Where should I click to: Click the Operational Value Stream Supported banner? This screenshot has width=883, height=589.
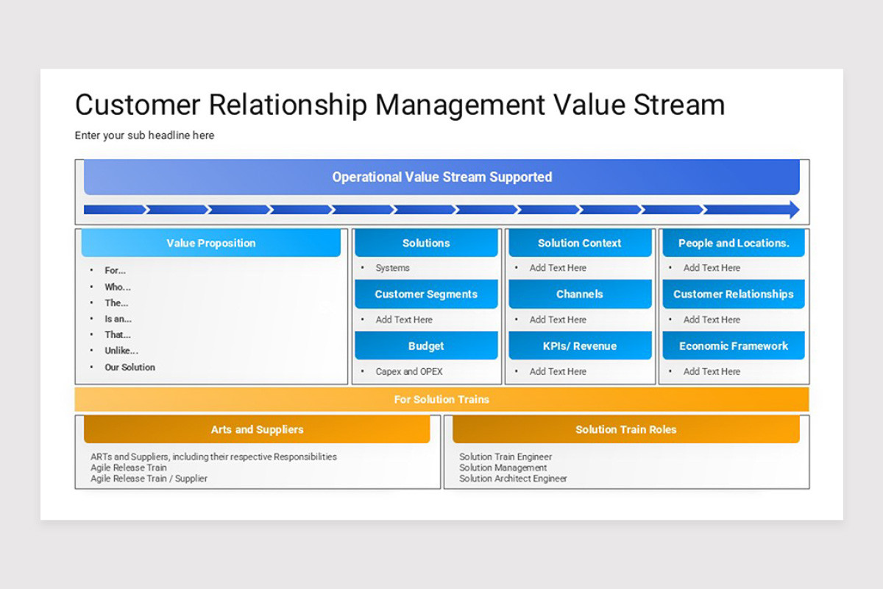pyautogui.click(x=441, y=177)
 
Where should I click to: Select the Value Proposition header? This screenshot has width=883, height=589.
pyautogui.click(x=211, y=243)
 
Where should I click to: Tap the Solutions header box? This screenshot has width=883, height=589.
pyautogui.click(x=426, y=243)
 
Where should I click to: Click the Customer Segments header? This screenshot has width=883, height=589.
pyautogui.click(x=426, y=294)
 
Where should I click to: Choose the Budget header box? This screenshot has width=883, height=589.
pyautogui.click(x=426, y=346)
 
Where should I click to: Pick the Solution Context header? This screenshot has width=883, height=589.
pyautogui.click(x=580, y=243)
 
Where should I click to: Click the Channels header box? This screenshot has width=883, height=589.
pyautogui.click(x=580, y=294)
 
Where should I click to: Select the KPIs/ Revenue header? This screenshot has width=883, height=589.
pyautogui.click(x=580, y=346)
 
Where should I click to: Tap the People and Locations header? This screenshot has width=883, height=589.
pyautogui.click(x=734, y=243)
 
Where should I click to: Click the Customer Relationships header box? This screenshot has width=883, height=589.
pyautogui.click(x=734, y=294)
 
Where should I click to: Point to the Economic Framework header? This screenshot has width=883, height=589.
pyautogui.click(x=734, y=346)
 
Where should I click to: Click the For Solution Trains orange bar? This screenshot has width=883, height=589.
pyautogui.click(x=441, y=399)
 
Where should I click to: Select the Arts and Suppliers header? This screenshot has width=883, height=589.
pyautogui.click(x=257, y=429)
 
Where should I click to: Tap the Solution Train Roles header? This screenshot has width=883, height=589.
pyautogui.click(x=626, y=429)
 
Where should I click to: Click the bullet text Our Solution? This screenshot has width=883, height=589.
pyautogui.click(x=130, y=367)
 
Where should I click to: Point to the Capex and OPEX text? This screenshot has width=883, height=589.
pyautogui.click(x=409, y=372)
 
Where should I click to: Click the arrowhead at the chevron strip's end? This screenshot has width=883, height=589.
pyautogui.click(x=793, y=210)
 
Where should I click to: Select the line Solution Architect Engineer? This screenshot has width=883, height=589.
pyautogui.click(x=513, y=479)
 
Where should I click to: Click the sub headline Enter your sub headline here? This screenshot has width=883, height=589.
pyautogui.click(x=144, y=135)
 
